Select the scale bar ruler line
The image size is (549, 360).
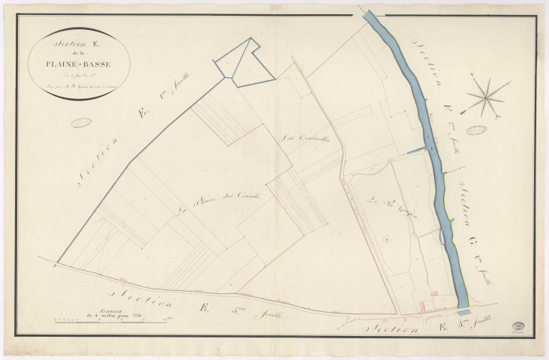(x=112, y=320)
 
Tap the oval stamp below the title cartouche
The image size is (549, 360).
(x=81, y=122)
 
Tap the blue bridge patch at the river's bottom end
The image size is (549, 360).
(x=463, y=310)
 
